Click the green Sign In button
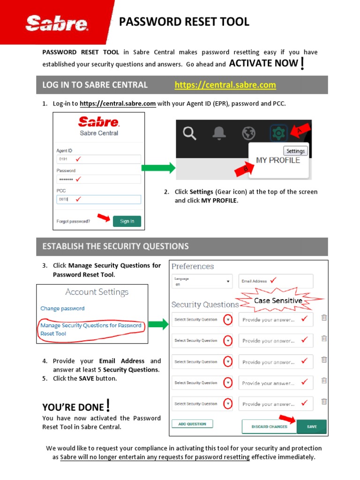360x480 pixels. (127, 221)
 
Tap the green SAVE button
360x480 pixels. (312, 427)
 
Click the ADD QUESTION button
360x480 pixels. (192, 424)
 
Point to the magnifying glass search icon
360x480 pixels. (189, 134)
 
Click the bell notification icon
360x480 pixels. (219, 134)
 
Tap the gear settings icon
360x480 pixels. (278, 134)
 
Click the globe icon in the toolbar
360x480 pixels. (249, 134)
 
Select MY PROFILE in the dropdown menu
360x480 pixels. (278, 160)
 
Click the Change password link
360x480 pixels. (62, 308)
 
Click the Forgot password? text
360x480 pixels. (73, 221)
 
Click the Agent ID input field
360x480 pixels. (98, 159)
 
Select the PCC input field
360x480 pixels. (98, 199)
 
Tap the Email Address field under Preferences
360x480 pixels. (276, 281)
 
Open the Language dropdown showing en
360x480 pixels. (202, 281)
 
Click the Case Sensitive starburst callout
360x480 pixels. (278, 300)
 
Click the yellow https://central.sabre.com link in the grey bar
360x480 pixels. (225, 85)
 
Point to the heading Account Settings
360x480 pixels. (97, 292)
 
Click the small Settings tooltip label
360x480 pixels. (296, 151)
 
